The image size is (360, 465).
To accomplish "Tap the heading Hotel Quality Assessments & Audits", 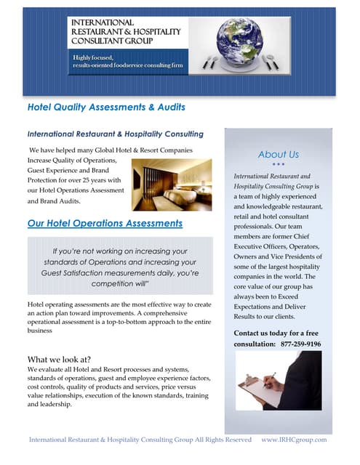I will (x=106, y=108).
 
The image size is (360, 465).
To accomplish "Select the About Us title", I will (x=278, y=154).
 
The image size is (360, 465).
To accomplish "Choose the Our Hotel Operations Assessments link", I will (x=105, y=223).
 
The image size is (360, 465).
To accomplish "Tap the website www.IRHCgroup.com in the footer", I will (x=294, y=440).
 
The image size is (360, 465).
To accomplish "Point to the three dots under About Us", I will (x=278, y=164).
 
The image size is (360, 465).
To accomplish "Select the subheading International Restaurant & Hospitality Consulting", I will (x=115, y=134).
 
